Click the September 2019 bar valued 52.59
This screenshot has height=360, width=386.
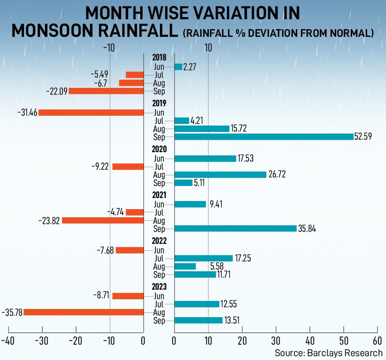click(x=264, y=137)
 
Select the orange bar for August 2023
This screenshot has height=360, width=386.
click(x=84, y=312)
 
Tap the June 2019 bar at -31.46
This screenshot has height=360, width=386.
click(x=91, y=113)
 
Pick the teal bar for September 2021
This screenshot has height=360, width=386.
click(x=235, y=228)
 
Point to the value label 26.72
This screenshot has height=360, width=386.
click(x=277, y=174)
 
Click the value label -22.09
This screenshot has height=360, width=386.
click(x=57, y=91)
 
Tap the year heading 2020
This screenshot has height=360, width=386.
click(x=159, y=150)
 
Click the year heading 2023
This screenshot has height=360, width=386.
click(x=159, y=287)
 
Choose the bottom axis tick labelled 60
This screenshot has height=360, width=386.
click(x=377, y=341)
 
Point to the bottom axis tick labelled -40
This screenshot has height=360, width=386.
click(x=9, y=341)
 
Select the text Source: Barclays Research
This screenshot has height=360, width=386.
click(x=329, y=353)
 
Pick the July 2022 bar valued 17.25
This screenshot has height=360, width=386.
click(x=204, y=258)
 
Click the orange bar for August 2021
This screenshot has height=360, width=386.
click(x=103, y=220)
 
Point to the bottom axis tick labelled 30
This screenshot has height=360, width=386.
click(x=276, y=341)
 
